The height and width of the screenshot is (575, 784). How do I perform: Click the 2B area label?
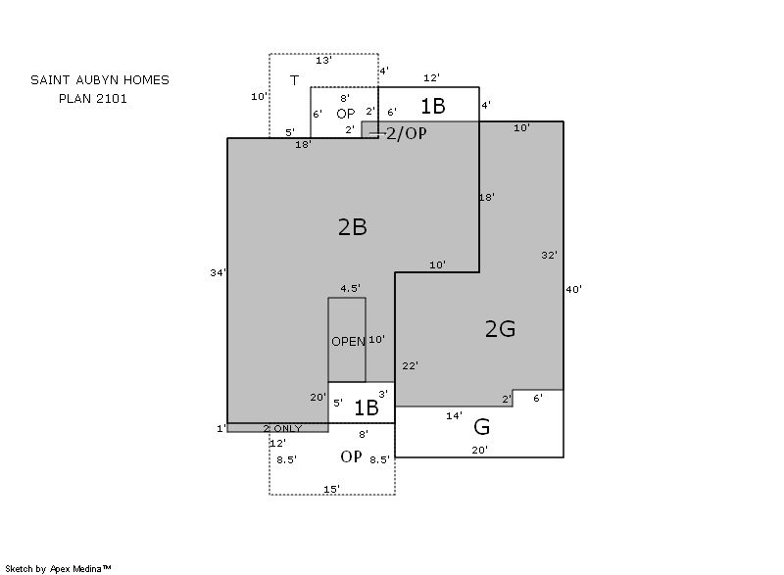coord(353,227)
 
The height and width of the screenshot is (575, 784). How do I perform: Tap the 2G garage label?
coord(500,329)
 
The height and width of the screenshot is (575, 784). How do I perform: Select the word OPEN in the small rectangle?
coord(348,342)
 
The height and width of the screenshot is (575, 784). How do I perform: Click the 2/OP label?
coord(407,133)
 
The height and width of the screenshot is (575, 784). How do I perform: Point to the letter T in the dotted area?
coord(295,80)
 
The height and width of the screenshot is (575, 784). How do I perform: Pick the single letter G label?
coord(481,427)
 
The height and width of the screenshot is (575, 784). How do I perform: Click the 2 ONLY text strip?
coord(282,429)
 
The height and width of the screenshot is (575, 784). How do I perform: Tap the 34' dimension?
coord(218,272)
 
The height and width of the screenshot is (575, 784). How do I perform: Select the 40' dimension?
coord(574,289)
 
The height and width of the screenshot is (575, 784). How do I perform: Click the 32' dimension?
coord(549,256)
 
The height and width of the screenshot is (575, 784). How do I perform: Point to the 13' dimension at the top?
coord(323,61)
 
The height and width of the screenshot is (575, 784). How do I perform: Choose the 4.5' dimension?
coord(350,288)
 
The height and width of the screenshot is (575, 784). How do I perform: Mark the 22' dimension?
coord(410,365)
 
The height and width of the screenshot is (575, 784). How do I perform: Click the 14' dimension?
coord(454,415)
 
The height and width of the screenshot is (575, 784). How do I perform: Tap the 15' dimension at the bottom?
coord(331,489)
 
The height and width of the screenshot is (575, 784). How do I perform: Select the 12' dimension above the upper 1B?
coord(431,78)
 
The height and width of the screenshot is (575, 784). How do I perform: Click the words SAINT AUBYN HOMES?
coord(100,80)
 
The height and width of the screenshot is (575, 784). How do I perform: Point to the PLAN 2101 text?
coord(93,98)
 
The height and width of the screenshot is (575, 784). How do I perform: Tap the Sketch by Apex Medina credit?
coord(58,568)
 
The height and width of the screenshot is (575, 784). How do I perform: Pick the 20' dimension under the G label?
coord(479,451)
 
